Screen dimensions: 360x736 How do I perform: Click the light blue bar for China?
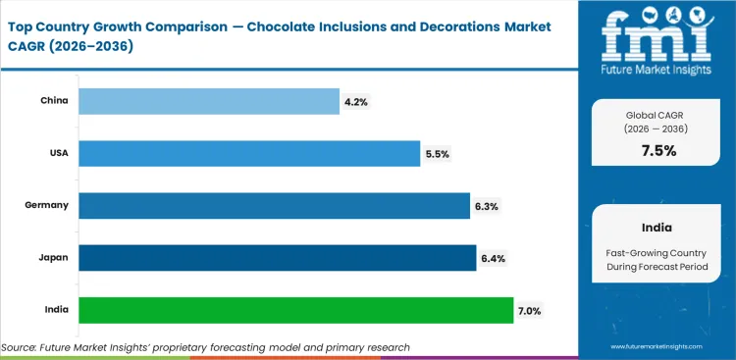pyautogui.click(x=208, y=101)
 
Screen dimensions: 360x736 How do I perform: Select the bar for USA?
pyautogui.click(x=249, y=153)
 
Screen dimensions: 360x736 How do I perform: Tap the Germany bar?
pyautogui.click(x=274, y=205)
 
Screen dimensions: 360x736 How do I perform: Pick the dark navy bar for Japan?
pyautogui.click(x=277, y=257)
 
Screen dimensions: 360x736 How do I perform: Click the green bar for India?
pyautogui.click(x=295, y=310)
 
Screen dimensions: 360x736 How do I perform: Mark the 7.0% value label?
pyautogui.click(x=530, y=310)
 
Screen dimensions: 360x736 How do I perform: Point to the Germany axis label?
pyautogui.click(x=46, y=205)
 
